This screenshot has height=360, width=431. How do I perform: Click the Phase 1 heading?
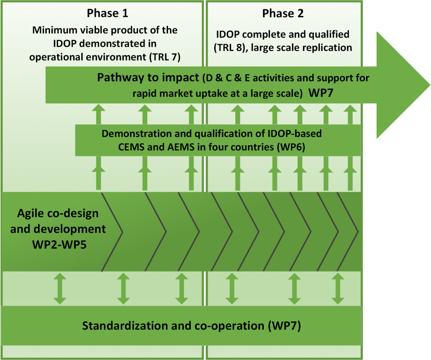click(x=107, y=13)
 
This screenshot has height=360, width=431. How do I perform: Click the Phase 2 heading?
click(x=283, y=13)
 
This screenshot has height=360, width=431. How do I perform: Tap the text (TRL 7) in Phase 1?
click(x=165, y=57)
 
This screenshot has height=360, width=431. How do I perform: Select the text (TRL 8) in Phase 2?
click(x=229, y=48)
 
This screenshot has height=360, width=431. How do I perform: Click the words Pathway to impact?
click(x=148, y=78)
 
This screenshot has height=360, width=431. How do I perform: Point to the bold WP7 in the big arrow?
click(x=321, y=93)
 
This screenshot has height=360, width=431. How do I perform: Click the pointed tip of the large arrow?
click(x=430, y=85)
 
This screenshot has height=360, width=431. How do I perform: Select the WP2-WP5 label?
click(x=59, y=245)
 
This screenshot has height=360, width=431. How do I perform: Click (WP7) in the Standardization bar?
click(x=285, y=325)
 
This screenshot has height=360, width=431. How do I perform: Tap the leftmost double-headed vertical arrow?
click(x=60, y=288)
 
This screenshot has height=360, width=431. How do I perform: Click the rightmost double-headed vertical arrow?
click(x=338, y=288)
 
